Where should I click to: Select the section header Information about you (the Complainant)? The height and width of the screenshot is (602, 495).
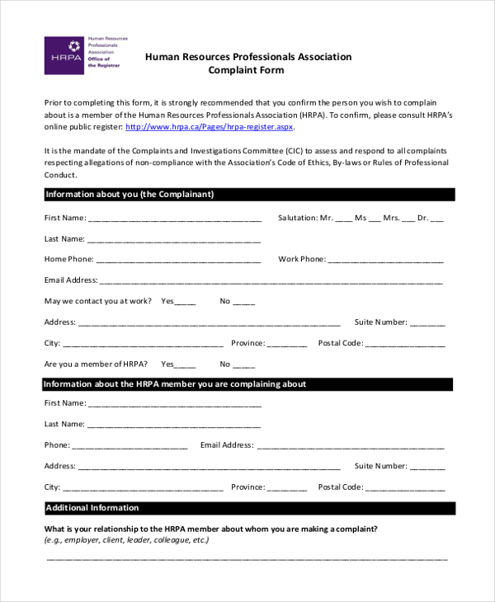click(130, 195)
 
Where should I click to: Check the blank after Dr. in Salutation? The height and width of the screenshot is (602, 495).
click(437, 219)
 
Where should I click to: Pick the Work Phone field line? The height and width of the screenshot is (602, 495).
click(385, 261)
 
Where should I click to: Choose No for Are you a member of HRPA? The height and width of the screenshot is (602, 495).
click(244, 365)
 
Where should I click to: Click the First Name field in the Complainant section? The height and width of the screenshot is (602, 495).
click(174, 219)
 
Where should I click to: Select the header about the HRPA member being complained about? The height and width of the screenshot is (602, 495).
click(174, 384)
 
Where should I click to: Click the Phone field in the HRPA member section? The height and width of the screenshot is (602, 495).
click(130, 446)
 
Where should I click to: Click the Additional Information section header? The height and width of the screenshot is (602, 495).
click(92, 508)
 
